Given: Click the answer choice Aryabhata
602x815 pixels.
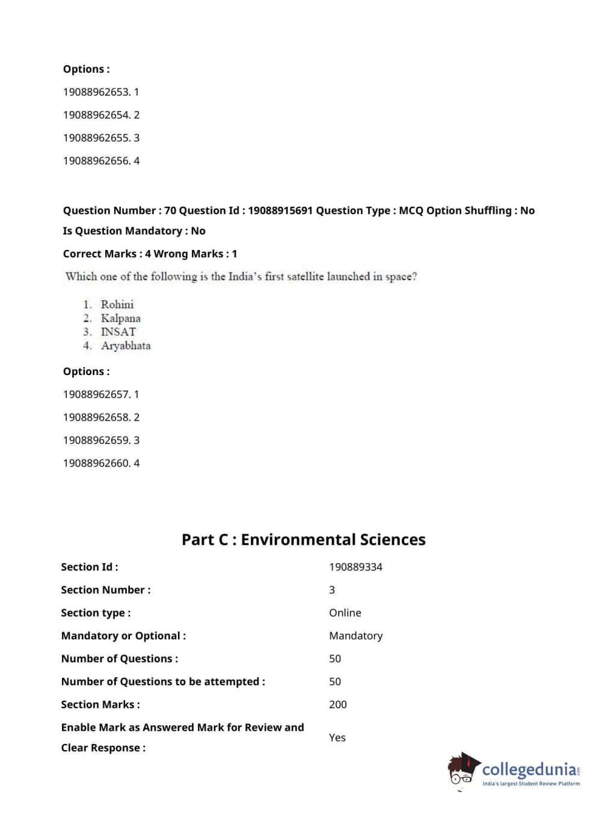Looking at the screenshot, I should pos(126,346).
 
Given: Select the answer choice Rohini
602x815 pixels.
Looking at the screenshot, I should pos(117,304).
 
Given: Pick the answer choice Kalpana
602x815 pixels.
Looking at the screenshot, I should pos(120,318).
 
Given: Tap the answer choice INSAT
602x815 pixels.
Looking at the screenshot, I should pos(118,332).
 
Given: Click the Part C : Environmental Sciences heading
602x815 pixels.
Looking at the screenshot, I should pos(303,539).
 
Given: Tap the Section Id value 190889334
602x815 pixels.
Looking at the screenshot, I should pos(355,567).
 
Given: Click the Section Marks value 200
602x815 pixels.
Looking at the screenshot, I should pos(337,704).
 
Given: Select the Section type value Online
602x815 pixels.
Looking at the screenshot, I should pos(345,612).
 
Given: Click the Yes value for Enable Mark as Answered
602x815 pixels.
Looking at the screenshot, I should pos(337,737).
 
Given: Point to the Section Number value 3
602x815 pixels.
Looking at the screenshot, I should pos(332,590).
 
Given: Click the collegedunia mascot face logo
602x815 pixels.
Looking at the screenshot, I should pos(462,771).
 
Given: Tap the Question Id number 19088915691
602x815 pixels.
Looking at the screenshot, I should pos(280,210).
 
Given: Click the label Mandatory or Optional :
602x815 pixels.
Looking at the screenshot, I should pos(123,635).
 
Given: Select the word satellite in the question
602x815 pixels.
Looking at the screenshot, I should pos(306,276).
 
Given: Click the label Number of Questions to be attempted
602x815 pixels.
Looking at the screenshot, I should pos(163,682).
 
